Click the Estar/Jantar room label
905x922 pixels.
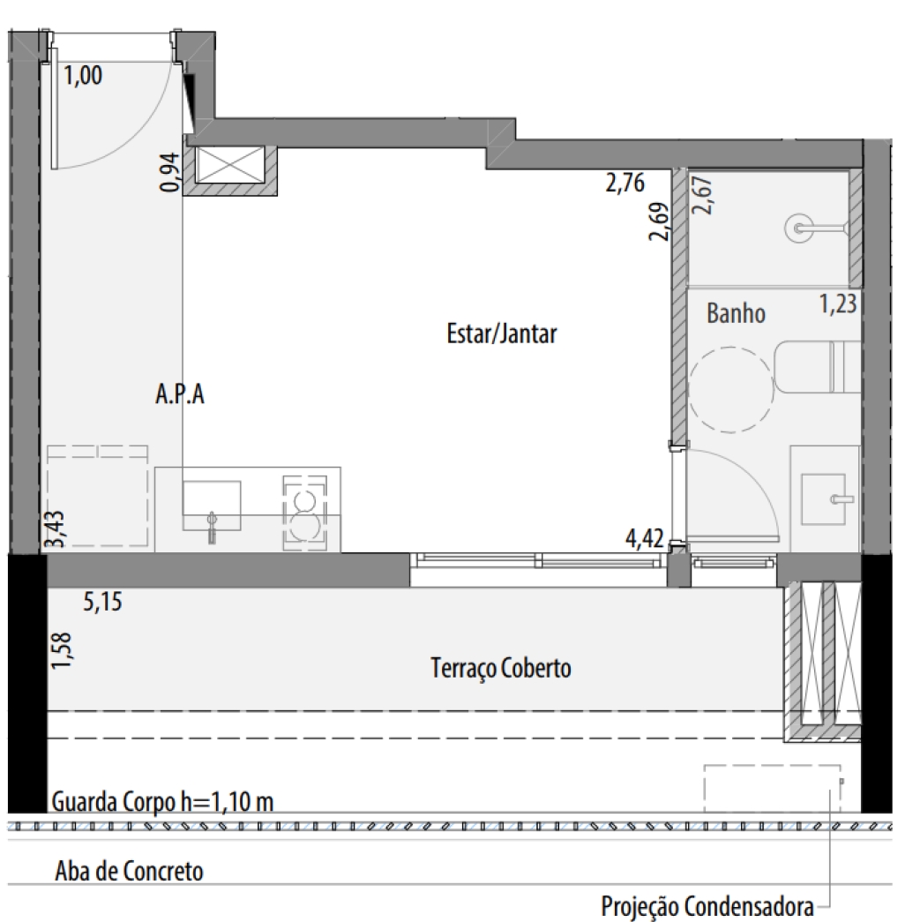click(x=502, y=334)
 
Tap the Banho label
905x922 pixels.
click(x=736, y=313)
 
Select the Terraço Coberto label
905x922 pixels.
click(x=501, y=669)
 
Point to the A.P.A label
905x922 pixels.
click(x=180, y=394)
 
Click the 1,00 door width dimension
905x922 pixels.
click(x=83, y=75)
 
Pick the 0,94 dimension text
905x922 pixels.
click(x=169, y=172)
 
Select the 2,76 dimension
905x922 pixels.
click(x=625, y=183)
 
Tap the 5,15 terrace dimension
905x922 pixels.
click(x=103, y=602)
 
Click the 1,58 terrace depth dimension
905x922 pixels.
click(x=61, y=650)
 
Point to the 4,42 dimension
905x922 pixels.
click(x=645, y=538)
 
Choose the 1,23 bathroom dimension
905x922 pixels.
click(x=838, y=304)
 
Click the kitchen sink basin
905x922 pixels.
click(x=212, y=506)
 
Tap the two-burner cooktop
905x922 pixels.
click(x=305, y=513)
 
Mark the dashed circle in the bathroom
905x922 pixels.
click(x=730, y=390)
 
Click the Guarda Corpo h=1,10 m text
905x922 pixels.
click(x=163, y=802)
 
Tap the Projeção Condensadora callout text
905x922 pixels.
click(x=707, y=906)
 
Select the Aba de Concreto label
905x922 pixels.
click(x=130, y=871)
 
